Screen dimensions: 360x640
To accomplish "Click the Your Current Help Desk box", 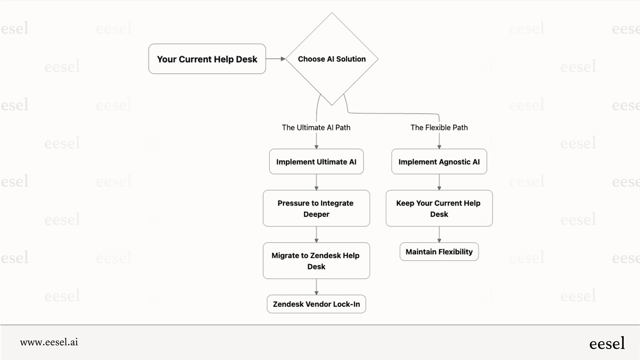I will (x=207, y=59).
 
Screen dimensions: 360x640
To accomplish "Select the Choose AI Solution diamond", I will (x=331, y=59).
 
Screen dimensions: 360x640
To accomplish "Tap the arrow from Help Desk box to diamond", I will (x=275, y=59).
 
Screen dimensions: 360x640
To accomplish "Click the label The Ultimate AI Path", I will (x=316, y=128).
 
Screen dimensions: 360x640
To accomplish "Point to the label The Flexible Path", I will (x=439, y=128).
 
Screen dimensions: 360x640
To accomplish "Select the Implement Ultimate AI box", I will (x=316, y=162).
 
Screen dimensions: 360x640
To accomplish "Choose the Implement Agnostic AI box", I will (x=439, y=162).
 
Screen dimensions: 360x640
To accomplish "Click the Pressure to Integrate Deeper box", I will (x=316, y=208).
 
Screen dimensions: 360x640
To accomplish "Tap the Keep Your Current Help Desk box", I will (x=439, y=208).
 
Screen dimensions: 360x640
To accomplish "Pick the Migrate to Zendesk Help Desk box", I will (x=316, y=261).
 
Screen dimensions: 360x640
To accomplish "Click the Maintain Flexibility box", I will (x=439, y=252).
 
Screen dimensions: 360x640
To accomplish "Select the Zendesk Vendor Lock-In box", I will (x=316, y=304).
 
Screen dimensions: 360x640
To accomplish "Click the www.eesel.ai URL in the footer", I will (x=49, y=342).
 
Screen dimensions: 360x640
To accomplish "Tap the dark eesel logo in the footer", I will (x=607, y=343).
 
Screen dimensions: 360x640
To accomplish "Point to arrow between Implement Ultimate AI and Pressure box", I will (x=316, y=182).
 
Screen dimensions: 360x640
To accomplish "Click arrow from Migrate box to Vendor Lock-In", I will (x=316, y=287).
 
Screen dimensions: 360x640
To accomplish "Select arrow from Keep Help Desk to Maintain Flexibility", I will (x=439, y=234).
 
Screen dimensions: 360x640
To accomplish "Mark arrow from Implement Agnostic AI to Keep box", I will (x=439, y=182).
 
